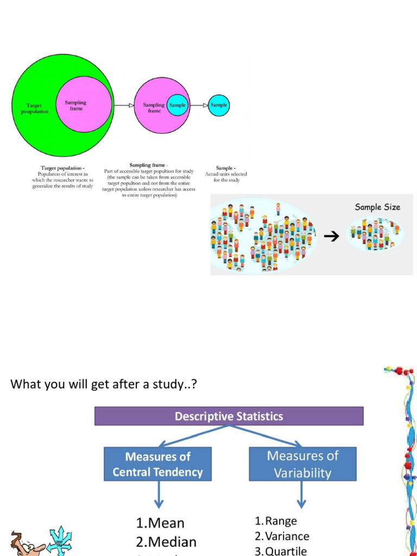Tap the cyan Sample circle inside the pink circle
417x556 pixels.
(178, 105)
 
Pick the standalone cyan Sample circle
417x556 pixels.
(219, 105)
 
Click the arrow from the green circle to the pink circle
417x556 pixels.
(124, 105)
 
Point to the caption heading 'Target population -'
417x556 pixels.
(62, 168)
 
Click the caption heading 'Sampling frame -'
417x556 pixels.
(149, 165)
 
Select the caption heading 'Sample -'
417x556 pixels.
(225, 168)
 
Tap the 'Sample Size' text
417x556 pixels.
(377, 207)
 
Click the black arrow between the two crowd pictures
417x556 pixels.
(331, 236)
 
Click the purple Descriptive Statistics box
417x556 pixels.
(229, 416)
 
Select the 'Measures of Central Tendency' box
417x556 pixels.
(157, 464)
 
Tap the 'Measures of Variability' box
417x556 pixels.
(302, 464)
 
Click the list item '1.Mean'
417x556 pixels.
(160, 523)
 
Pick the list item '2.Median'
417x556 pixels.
(166, 542)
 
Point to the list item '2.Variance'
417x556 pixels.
(282, 536)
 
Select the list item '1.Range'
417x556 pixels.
(276, 521)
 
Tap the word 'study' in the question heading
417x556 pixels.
(172, 385)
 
